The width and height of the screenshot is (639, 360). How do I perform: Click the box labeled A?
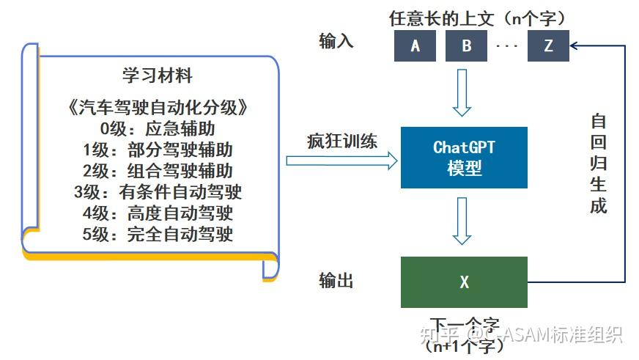[x=415, y=46]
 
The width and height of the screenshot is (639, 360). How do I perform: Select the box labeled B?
[x=467, y=46]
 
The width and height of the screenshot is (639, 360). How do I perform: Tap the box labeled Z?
[x=548, y=46]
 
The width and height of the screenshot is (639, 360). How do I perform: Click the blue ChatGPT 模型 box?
[x=464, y=157]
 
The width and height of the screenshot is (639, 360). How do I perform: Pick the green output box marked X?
[x=464, y=282]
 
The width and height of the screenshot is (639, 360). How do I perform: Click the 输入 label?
[x=336, y=41]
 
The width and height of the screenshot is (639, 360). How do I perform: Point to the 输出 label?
[x=336, y=281]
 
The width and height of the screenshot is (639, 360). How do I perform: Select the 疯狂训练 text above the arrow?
[x=341, y=142]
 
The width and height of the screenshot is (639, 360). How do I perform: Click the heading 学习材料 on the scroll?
[x=158, y=76]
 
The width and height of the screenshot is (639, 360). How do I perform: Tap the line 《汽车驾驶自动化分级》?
[x=158, y=108]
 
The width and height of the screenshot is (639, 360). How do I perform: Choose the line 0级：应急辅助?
[x=158, y=129]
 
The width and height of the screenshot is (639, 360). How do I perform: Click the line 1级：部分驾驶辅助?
[x=158, y=150]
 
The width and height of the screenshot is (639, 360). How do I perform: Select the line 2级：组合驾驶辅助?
[x=158, y=172]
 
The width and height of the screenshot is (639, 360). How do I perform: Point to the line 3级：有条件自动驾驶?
[x=158, y=193]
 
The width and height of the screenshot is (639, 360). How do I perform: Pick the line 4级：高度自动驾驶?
[x=158, y=214]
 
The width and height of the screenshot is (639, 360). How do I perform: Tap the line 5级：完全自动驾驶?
[x=158, y=235]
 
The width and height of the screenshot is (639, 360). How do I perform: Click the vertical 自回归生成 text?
[x=599, y=164]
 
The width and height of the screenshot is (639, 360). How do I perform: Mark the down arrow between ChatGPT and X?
[x=461, y=221]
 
